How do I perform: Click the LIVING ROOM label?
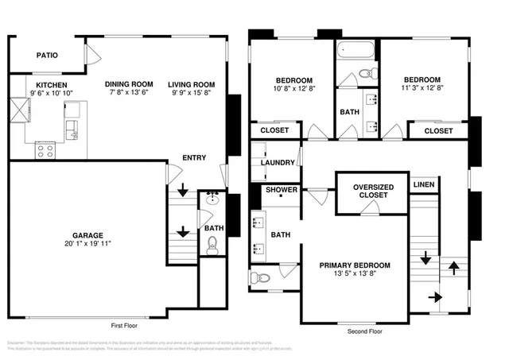pyautogui.click(x=191, y=84)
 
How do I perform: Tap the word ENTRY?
pyautogui.click(x=194, y=158)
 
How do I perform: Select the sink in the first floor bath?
pyautogui.click(x=212, y=199)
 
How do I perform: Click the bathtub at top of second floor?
pyautogui.click(x=356, y=52)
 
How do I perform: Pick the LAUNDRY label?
pyautogui.click(x=278, y=163)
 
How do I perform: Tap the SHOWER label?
pyautogui.click(x=282, y=190)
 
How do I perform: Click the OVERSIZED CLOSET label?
pyautogui.click(x=371, y=191)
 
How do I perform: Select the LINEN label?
pyautogui.click(x=424, y=184)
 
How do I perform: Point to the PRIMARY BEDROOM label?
pyautogui.click(x=355, y=265)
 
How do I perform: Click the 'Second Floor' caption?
pyautogui.click(x=364, y=331)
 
